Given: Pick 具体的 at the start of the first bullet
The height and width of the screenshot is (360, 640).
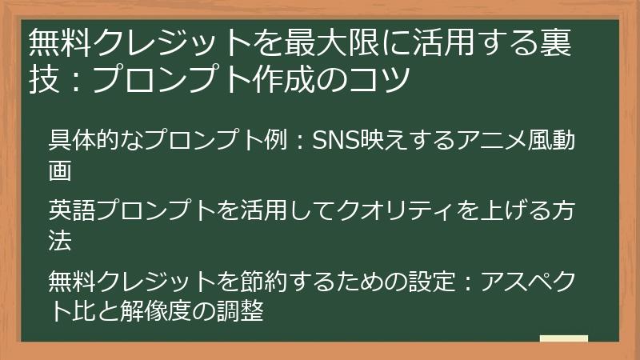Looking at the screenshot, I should click(86, 141).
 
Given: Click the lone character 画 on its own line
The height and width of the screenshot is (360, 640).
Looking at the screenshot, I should click(61, 170).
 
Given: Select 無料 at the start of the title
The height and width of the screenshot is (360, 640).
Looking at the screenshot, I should click(54, 42).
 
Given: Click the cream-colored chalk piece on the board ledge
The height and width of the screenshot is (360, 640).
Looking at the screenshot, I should click(563, 338).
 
